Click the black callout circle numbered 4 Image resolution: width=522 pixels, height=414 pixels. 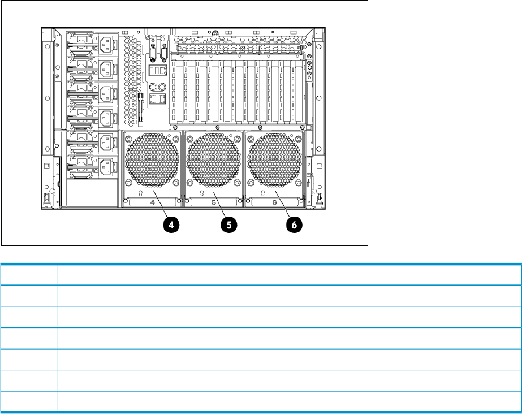click(x=172, y=224)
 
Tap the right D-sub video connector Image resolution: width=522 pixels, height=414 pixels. click(x=164, y=54)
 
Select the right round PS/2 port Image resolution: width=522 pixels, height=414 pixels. click(x=162, y=87)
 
